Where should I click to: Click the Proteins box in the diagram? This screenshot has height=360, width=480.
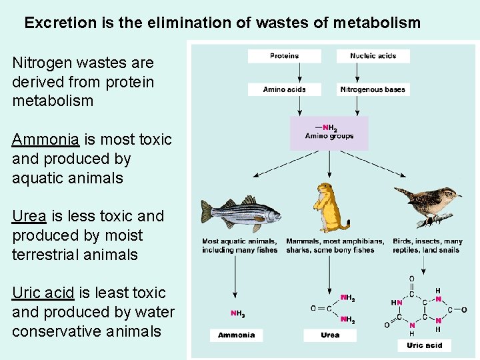[284, 56]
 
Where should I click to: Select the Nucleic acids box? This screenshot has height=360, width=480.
[373, 56]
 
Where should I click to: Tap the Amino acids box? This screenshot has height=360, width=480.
[284, 89]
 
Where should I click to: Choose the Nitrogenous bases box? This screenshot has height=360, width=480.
[373, 89]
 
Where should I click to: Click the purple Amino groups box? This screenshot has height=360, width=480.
[329, 132]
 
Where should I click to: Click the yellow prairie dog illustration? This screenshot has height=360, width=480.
[330, 207]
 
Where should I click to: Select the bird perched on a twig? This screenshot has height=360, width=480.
[427, 203]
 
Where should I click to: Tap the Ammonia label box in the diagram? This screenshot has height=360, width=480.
[236, 335]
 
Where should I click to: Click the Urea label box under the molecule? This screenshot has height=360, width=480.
[330, 335]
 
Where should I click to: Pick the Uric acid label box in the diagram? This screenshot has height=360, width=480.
[425, 345]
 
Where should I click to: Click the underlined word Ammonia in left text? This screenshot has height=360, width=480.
[45, 139]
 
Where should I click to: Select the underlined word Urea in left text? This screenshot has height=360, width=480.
[29, 216]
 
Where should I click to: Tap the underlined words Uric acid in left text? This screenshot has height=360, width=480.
[43, 293]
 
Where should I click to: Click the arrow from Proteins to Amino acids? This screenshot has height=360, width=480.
[300, 73]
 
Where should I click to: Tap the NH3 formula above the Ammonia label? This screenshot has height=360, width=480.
[237, 313]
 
